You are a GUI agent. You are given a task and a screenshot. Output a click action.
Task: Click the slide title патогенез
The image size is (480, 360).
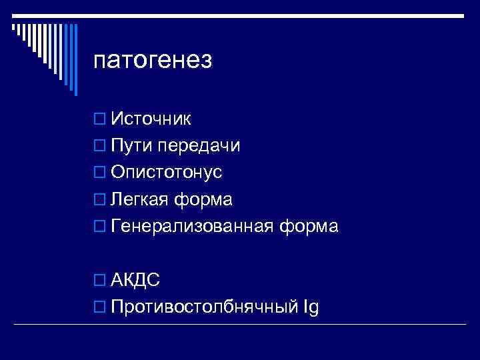(x=153, y=61)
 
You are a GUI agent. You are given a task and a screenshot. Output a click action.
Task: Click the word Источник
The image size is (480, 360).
(x=151, y=119)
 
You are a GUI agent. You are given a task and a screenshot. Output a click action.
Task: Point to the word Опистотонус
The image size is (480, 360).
(x=167, y=173)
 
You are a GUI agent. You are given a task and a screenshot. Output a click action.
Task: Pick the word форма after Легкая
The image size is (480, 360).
(x=207, y=199)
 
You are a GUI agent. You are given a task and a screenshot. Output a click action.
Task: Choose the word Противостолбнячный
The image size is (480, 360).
(x=203, y=307)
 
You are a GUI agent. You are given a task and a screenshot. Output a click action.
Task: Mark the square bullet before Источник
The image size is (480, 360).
(x=100, y=119)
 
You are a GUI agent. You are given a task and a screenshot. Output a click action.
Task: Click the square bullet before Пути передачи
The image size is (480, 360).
(x=100, y=147)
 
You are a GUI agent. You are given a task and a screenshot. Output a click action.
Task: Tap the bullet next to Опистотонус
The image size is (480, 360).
(x=100, y=173)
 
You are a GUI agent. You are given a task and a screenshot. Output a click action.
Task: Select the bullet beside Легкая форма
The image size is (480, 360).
(x=100, y=200)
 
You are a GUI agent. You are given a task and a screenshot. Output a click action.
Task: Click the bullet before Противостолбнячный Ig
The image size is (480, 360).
(x=100, y=308)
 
